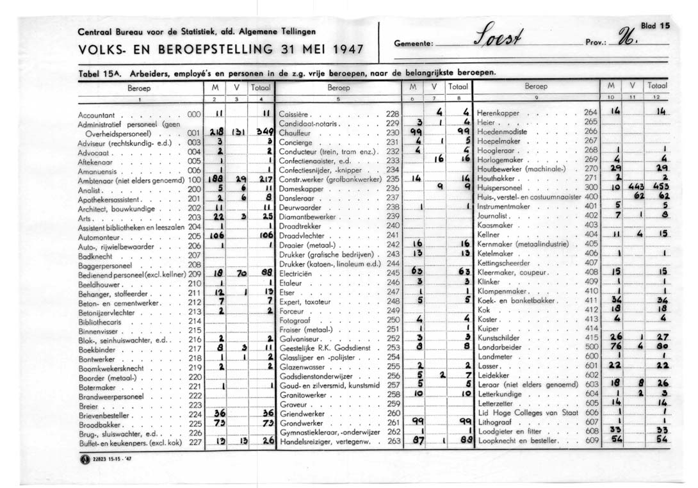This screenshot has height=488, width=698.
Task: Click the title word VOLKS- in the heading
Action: (x=97, y=49)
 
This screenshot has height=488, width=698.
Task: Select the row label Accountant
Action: (x=95, y=114)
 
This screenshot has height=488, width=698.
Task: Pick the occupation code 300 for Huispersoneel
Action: (x=590, y=187)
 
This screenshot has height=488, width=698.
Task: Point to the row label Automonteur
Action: (x=99, y=236)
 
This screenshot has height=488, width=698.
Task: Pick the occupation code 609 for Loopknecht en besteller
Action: (x=590, y=440)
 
